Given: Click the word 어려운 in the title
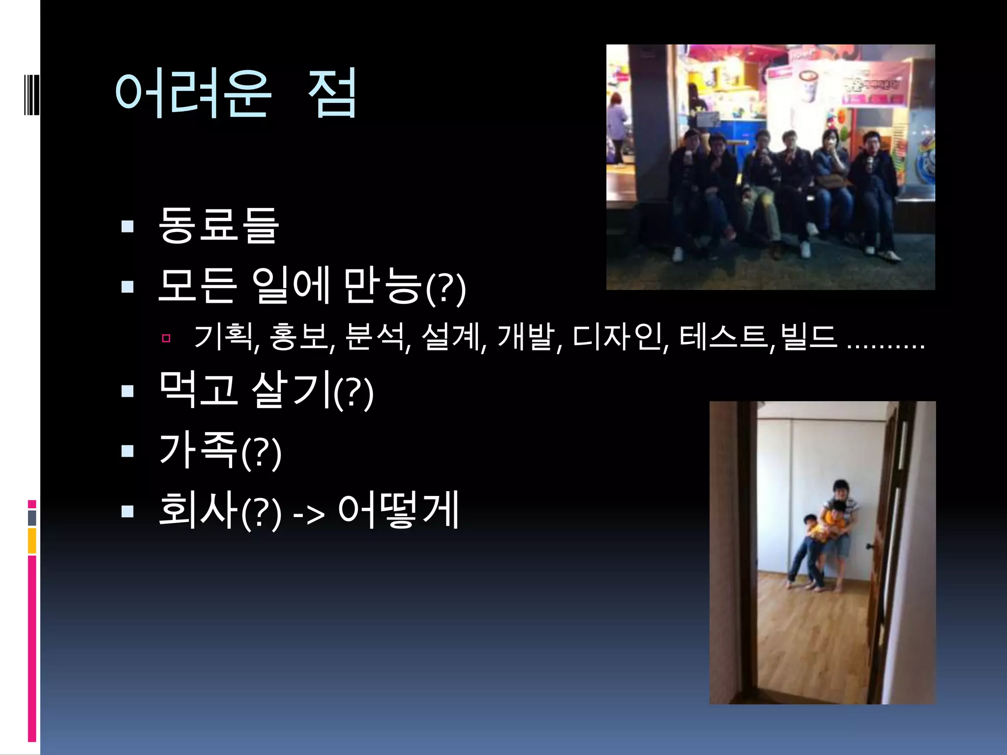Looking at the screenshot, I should tap(193, 93).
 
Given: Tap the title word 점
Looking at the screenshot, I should tap(332, 93).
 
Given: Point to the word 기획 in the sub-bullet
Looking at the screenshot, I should tap(224, 338).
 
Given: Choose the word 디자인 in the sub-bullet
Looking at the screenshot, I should tap(618, 338).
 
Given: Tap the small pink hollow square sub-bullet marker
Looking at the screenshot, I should tap(166, 338).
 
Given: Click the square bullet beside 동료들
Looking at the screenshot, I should tap(127, 226).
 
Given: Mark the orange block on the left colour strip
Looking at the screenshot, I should tap(32, 541).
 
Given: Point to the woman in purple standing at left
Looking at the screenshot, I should tap(617, 128).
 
